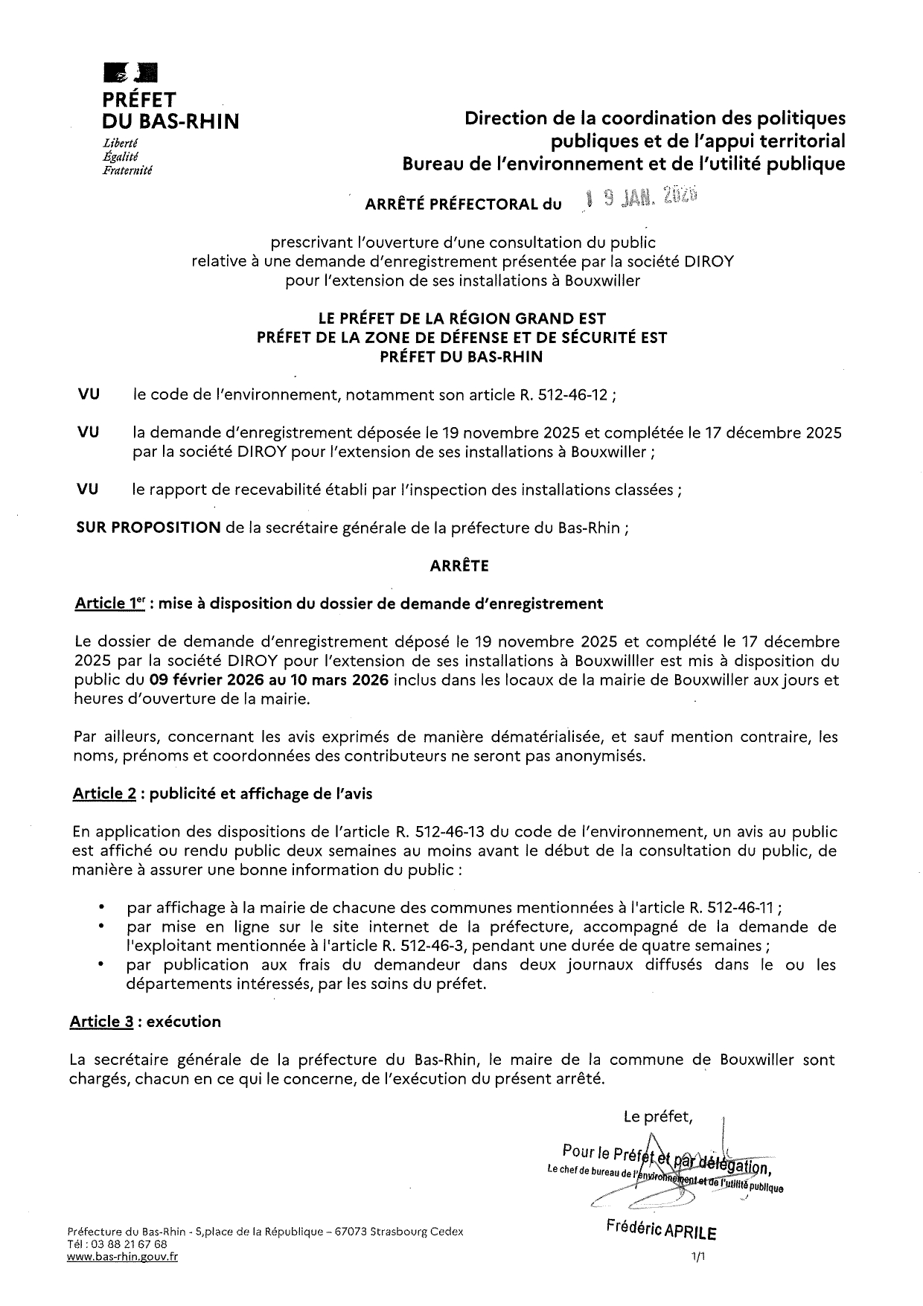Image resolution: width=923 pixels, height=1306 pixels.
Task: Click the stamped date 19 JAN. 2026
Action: (x=639, y=196)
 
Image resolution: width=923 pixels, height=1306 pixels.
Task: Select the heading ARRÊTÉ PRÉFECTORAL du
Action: (x=463, y=205)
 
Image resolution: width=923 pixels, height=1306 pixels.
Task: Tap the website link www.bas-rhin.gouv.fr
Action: (x=122, y=1257)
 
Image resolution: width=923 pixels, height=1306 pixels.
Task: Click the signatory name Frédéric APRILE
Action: (x=662, y=1231)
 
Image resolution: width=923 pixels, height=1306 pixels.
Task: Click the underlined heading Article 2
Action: (x=104, y=793)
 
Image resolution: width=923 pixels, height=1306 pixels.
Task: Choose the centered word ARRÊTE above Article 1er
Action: (x=459, y=566)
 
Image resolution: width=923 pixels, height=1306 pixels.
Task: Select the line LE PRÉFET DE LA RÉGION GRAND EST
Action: (x=461, y=319)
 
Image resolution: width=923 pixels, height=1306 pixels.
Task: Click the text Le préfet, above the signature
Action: (x=658, y=1116)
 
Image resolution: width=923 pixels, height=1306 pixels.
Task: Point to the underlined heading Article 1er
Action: (x=109, y=604)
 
